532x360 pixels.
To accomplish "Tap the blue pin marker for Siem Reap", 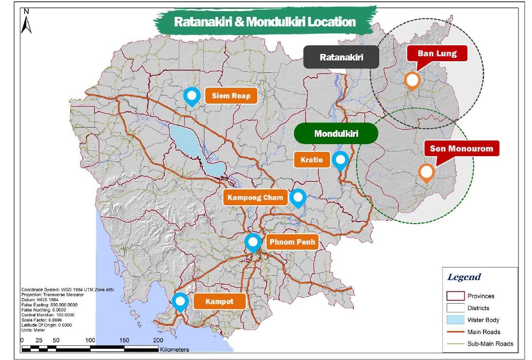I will pyautogui.click(x=192, y=96).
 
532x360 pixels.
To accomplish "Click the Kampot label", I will pyautogui.click(x=220, y=302).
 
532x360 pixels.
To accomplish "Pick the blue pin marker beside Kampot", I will pyautogui.click(x=181, y=301).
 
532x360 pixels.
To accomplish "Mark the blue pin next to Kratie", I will pyautogui.click(x=341, y=160).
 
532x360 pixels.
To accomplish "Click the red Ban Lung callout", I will pyautogui.click(x=437, y=53).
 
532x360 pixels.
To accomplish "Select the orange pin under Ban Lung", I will pyautogui.click(x=412, y=80).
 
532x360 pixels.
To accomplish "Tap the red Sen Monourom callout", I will pyautogui.click(x=462, y=148).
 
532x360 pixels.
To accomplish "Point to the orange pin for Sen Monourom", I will pyautogui.click(x=426, y=173).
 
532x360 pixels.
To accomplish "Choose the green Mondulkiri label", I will pyautogui.click(x=336, y=133).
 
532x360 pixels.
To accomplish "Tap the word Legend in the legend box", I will pyautogui.click(x=464, y=277).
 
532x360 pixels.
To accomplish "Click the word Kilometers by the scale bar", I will pyautogui.click(x=174, y=349).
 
